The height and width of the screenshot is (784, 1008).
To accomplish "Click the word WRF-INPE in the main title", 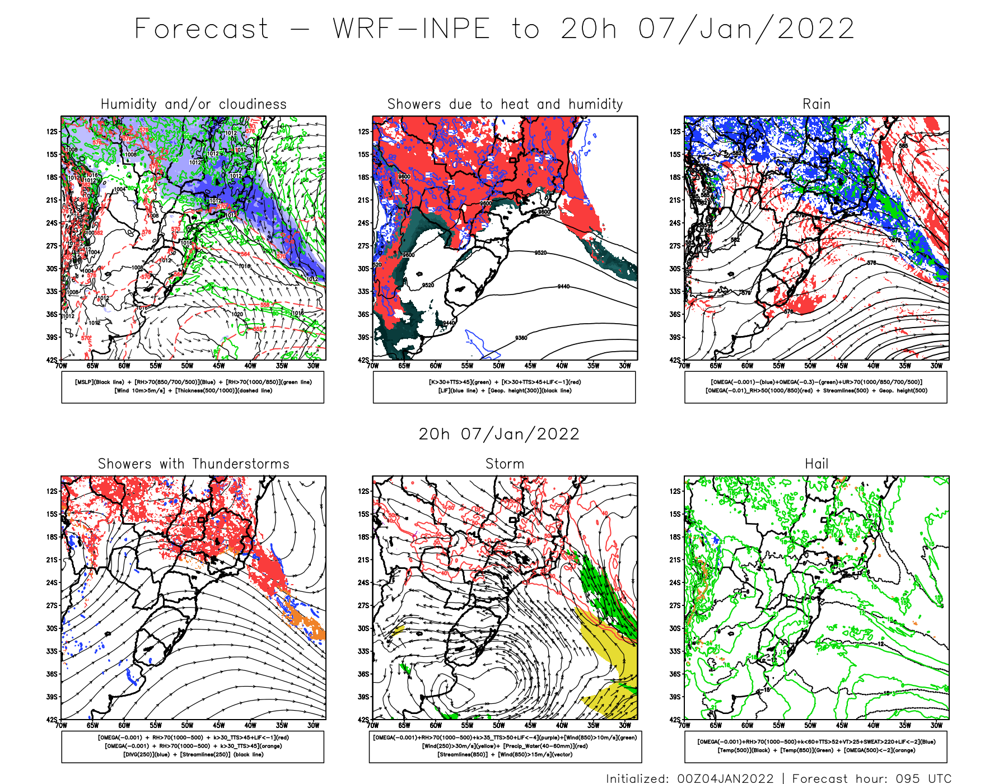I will [x=412, y=29].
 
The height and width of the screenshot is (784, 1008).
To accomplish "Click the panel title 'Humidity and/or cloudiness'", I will [x=193, y=104].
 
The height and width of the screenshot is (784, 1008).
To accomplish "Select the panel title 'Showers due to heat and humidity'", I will [x=505, y=104].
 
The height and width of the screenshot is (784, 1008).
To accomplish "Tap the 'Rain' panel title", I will [x=816, y=104].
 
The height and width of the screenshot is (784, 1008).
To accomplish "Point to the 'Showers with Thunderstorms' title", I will [x=193, y=464].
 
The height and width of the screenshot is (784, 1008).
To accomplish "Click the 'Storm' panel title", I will [x=505, y=464].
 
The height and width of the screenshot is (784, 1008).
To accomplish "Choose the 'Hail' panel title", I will [x=816, y=464].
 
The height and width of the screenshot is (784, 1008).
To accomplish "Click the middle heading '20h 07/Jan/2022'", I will [x=499, y=434].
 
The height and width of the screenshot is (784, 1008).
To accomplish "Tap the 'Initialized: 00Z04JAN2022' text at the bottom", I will [x=689, y=778].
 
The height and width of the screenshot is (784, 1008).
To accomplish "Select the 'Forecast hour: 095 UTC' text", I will [x=871, y=778].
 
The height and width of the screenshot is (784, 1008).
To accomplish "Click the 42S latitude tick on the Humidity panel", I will [x=52, y=360].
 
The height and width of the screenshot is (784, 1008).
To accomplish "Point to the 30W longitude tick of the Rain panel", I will [x=936, y=366].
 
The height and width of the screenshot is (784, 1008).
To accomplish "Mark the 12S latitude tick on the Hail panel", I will [x=675, y=491].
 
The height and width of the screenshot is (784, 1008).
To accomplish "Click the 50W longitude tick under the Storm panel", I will [x=499, y=725].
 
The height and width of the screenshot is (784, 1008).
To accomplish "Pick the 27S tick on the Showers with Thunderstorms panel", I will [x=52, y=605].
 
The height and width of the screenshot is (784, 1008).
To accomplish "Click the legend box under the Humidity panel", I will [x=193, y=387].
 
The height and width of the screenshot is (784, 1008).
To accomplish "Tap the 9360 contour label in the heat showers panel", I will [x=521, y=338].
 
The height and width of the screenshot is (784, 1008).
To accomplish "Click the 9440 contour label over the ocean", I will [x=563, y=287].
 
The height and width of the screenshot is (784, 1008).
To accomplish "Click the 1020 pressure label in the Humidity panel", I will [x=237, y=314].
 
